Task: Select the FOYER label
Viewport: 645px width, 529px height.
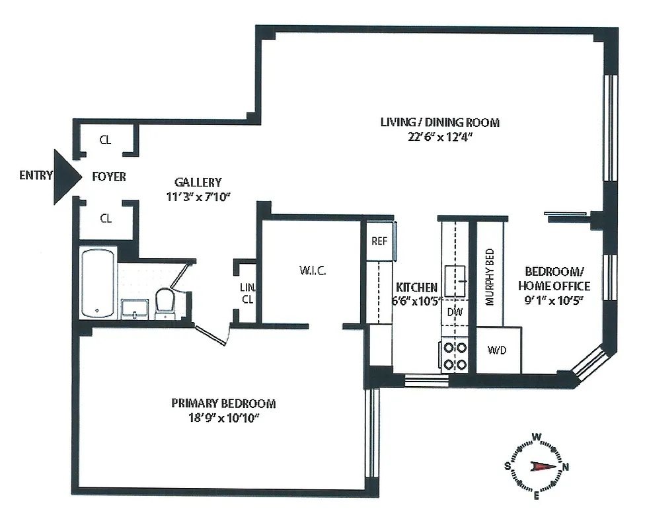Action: (x=109, y=177)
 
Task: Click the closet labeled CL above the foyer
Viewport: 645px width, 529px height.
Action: (x=105, y=140)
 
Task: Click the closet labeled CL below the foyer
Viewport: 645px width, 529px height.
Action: (x=105, y=218)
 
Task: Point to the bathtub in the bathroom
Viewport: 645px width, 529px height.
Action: (x=98, y=284)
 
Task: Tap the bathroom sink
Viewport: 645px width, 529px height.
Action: (x=135, y=309)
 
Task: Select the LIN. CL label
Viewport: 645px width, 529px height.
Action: (x=247, y=293)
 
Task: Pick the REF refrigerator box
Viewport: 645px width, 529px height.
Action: (x=379, y=241)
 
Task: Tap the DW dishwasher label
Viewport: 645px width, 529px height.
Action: (x=455, y=311)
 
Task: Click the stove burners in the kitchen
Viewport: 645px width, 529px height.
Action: (x=455, y=355)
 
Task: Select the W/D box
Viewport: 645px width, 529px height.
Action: (x=498, y=350)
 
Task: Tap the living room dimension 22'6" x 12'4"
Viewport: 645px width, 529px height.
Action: (x=439, y=136)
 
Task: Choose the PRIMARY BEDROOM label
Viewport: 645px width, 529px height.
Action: (x=223, y=403)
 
